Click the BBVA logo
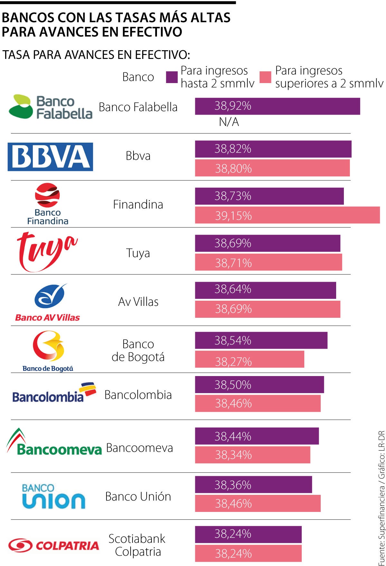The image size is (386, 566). coord(50,157)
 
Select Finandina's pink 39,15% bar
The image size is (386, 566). coord(287,215)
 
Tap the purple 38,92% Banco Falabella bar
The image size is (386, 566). coord(277,106)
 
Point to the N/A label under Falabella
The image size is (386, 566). coord(229,122)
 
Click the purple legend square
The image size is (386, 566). coord(171,77)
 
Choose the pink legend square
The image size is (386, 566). coord(265,77)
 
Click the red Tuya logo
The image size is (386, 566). coord(47,251)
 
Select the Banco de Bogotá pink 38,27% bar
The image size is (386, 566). coord(249,359)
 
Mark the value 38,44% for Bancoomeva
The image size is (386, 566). coord(233,436)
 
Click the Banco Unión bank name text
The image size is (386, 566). coord(138,496)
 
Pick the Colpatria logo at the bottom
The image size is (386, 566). coord(53,545)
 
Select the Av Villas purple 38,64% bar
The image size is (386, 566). coord(265,290)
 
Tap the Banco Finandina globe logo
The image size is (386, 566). coord(47,195)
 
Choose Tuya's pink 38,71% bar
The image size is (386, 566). coord(268,262)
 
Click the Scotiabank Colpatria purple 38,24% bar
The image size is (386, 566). coord(248,534)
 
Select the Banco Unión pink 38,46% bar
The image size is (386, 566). coord(257,503)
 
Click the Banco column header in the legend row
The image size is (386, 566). coord(138,77)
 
